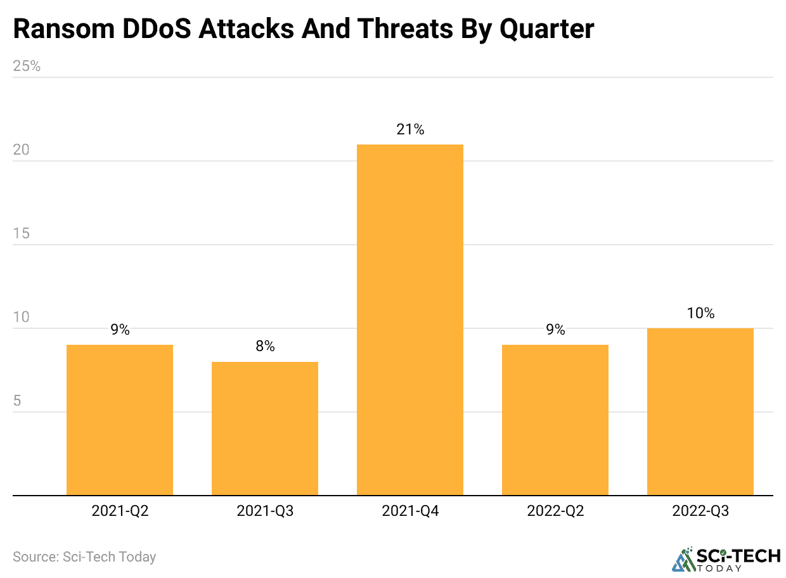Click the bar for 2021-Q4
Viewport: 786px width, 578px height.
409,319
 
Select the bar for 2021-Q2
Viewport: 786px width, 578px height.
120,420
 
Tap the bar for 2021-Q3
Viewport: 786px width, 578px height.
265,428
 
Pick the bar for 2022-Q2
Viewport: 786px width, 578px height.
555,420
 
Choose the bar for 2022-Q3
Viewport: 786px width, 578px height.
700,411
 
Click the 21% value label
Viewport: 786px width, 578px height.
410,130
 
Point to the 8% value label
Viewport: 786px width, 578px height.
265,347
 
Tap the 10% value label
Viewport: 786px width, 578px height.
700,313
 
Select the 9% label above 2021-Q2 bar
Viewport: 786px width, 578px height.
120,330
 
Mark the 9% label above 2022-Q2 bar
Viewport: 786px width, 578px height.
555,330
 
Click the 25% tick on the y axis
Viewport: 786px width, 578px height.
27,66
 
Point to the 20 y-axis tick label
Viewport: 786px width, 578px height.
22,150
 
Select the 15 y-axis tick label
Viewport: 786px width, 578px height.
22,233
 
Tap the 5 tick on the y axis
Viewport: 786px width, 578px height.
18,401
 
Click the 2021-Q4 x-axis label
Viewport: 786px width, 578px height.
410,511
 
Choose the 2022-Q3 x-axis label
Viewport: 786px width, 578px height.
700,511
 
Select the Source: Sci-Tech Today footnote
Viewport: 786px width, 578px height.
84,557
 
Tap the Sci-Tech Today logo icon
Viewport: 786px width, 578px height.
683,558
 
